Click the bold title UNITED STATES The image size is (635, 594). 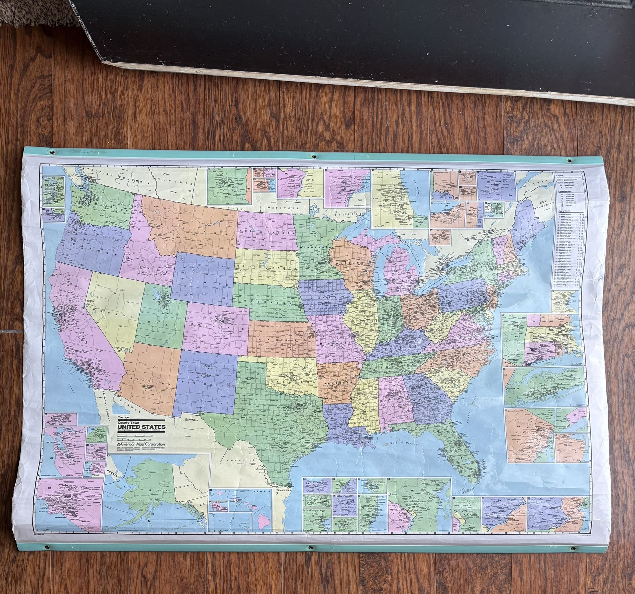tap(142, 427)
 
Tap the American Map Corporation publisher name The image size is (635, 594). tap(143, 444)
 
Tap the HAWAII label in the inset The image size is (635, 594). tap(262, 501)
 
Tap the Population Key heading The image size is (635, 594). tap(565, 191)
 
